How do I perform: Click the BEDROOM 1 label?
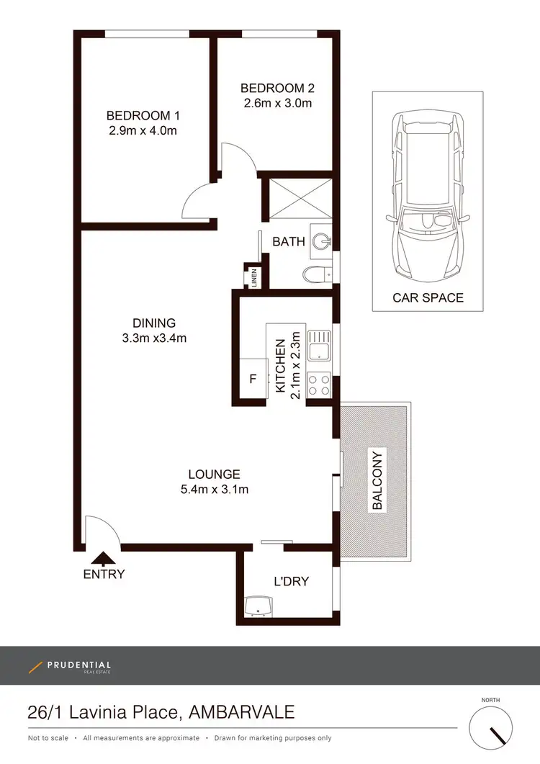[x=143, y=115]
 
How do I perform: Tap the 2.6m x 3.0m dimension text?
[x=277, y=103]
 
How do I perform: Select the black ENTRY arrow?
[x=104, y=559]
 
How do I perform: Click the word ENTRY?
[x=104, y=575]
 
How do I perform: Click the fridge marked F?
[x=253, y=379]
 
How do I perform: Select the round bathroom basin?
[x=323, y=242]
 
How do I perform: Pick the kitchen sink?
[x=319, y=346]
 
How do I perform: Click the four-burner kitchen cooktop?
[x=319, y=384]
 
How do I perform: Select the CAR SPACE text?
[x=428, y=297]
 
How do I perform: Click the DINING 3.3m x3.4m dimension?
[x=154, y=338]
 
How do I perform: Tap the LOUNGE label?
[x=214, y=475]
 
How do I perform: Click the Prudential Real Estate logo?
[x=70, y=666]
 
